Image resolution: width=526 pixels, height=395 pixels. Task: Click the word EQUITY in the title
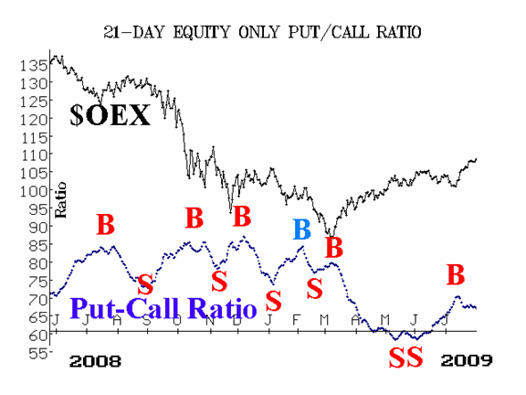coord(201,32)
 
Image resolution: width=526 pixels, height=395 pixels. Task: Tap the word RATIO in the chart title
coord(398,32)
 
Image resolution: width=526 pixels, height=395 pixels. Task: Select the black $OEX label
coord(110,115)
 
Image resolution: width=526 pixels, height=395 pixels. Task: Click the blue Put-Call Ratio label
coord(163,308)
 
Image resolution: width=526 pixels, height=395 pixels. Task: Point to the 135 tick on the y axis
coord(34,65)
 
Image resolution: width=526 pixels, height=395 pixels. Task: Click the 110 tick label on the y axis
coord(34,155)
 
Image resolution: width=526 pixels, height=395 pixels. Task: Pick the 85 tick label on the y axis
coord(38,245)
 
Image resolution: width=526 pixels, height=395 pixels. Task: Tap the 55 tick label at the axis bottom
coord(38,353)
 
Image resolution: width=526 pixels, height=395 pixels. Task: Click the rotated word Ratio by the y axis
coord(60,200)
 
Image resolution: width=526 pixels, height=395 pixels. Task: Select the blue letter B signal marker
coord(302,230)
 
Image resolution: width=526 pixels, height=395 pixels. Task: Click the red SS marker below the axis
coord(405,358)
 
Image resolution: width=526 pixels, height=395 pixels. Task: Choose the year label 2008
coord(95,361)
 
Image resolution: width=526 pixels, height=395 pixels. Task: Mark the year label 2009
coord(467,361)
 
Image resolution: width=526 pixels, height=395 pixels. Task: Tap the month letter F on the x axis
coord(296,320)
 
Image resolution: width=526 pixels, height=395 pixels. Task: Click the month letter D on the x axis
coord(237,320)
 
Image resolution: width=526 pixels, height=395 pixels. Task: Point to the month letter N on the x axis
coord(210,320)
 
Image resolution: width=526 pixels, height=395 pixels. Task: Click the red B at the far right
coord(456,274)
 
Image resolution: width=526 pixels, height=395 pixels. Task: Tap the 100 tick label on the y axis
coord(34,191)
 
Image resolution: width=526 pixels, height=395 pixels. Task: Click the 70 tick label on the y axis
coord(38,299)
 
